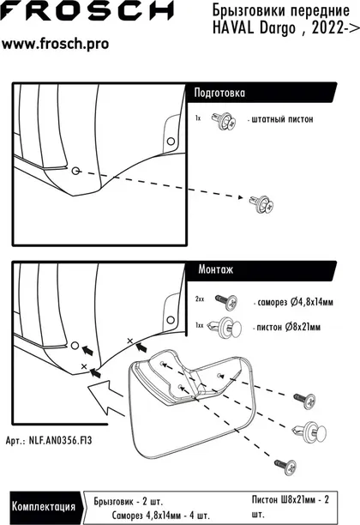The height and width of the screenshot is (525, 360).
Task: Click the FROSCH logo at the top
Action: point(87,10)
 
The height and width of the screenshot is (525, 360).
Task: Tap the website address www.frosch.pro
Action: point(55,44)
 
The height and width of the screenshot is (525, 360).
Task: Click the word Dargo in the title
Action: point(278,28)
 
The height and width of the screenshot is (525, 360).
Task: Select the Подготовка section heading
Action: point(219,93)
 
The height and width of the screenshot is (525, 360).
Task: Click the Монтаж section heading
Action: point(215,269)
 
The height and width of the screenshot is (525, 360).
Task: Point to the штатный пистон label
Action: point(282,119)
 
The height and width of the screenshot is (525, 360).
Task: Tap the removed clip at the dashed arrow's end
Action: point(261,204)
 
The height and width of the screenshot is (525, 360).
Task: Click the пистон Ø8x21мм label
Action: point(288,327)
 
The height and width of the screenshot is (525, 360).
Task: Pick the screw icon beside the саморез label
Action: point(226,302)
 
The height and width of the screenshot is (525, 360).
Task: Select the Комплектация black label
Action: point(44,507)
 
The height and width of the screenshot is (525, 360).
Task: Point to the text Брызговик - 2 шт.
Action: point(129,502)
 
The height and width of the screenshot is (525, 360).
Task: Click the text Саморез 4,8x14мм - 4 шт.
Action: point(161,515)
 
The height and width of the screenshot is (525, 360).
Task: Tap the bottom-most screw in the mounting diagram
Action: point(285,466)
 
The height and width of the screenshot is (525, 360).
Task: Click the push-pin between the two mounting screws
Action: point(309,431)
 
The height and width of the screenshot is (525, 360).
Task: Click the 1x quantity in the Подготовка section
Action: point(198,118)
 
